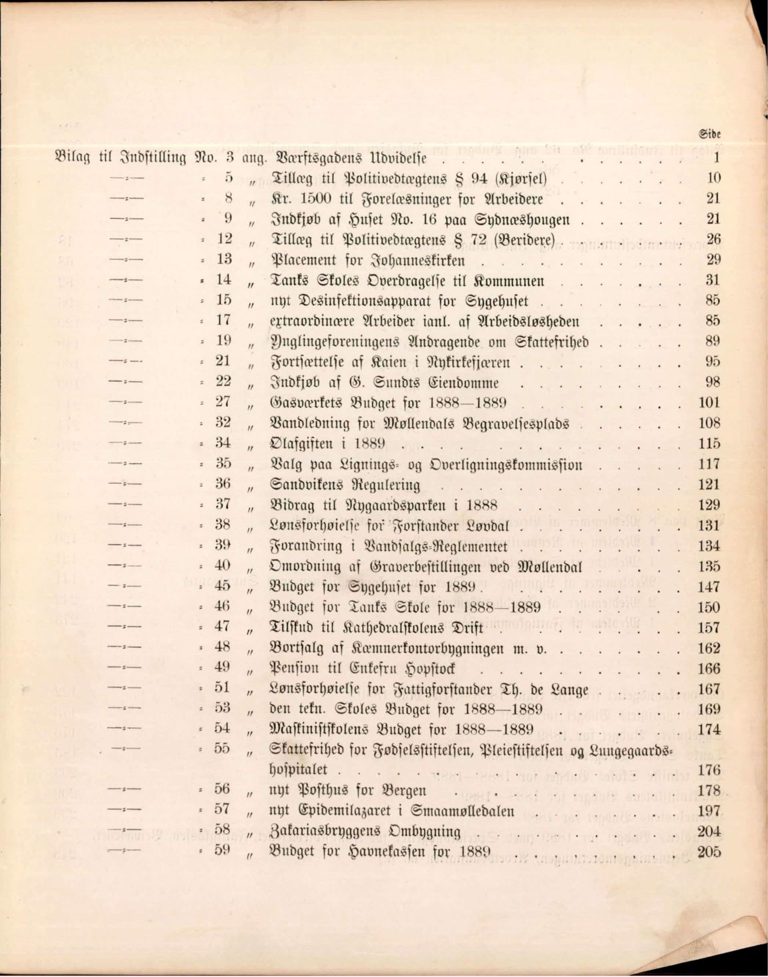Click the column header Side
711,133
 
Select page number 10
713,178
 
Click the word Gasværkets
304,403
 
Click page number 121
709,484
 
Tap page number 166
709,668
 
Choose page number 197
709,811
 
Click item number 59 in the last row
223,851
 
